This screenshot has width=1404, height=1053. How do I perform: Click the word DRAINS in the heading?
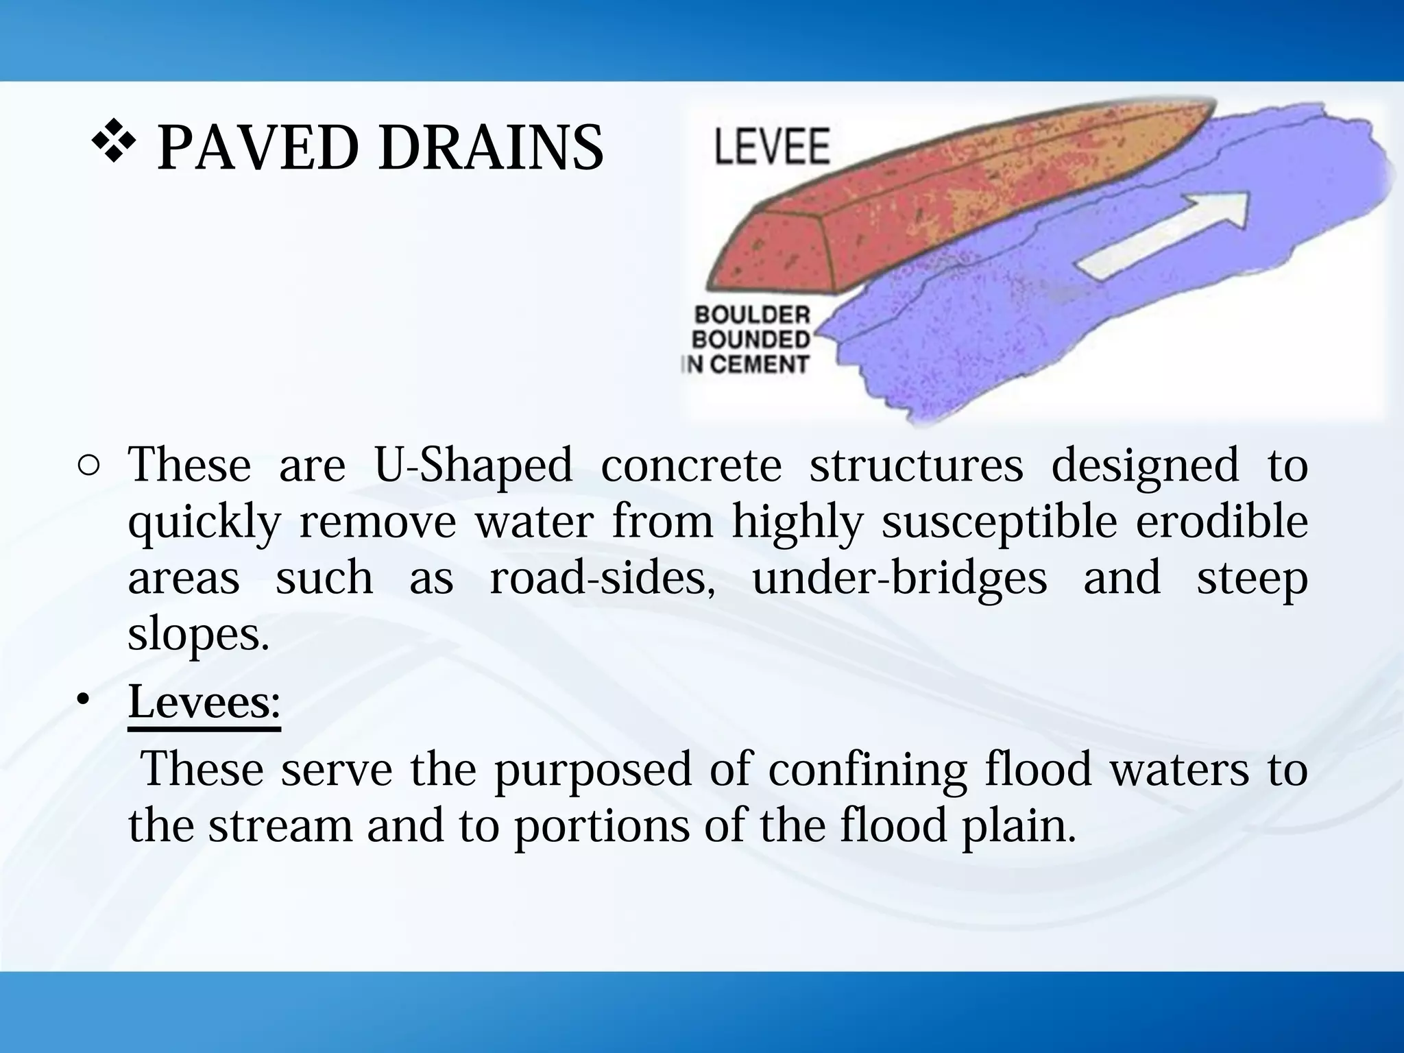(490, 147)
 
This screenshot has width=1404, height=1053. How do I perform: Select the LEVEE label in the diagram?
(772, 146)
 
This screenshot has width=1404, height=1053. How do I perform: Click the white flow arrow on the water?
(1165, 233)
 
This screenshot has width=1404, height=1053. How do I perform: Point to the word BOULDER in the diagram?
(752, 315)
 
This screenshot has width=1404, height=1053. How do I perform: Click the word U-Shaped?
(473, 466)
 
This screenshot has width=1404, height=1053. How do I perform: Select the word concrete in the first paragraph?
(691, 466)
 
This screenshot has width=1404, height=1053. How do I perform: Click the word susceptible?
(1000, 522)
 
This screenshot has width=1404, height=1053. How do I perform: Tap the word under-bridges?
(899, 579)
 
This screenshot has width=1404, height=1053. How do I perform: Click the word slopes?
(198, 635)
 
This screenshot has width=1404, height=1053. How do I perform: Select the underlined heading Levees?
(204, 702)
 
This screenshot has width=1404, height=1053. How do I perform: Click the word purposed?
(593, 769)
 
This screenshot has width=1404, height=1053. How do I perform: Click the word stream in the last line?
(280, 825)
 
